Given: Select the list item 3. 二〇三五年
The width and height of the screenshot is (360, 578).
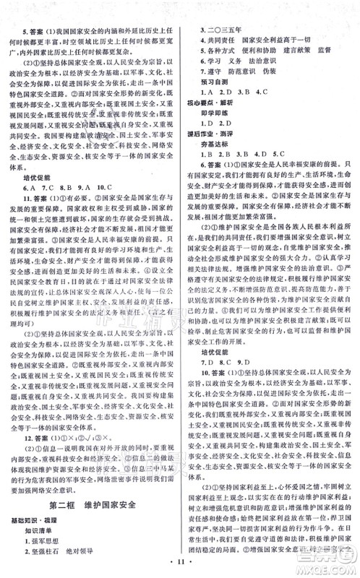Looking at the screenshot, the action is click(224, 21).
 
